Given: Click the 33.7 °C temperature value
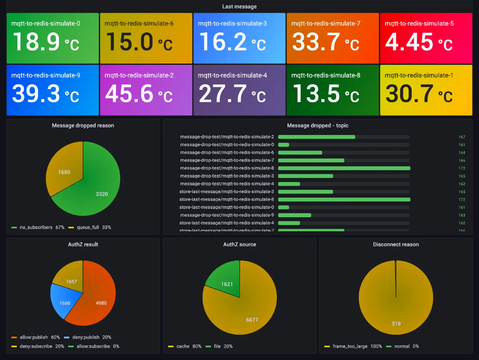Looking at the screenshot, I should coord(325,42).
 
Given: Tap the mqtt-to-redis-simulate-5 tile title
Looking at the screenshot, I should coord(419,24).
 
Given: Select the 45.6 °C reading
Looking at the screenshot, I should coord(138,94).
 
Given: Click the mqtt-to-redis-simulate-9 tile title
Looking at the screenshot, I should coord(46,75).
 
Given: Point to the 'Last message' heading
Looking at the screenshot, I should coord(239,7).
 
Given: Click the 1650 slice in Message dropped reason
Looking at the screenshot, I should coord(64,172).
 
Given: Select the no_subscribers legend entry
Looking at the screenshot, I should coord(36,228).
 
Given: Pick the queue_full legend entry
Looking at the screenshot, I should coord(88,228).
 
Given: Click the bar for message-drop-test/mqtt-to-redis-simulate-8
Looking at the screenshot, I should coord(344,168).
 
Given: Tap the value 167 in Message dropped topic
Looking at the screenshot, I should coord(462,137).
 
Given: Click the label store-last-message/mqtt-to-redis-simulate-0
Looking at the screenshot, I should coord(227,207).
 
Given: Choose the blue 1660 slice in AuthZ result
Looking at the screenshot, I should coord(65,303).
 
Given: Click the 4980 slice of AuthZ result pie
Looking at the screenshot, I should coord(101,303).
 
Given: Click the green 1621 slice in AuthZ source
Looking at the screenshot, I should coord(227,284).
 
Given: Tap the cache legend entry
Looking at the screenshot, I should coord(183,346).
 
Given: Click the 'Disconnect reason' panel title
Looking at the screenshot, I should coord(396,245).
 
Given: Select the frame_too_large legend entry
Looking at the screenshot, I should coord(350,346).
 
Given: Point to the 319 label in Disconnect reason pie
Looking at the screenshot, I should coord(396,324).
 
